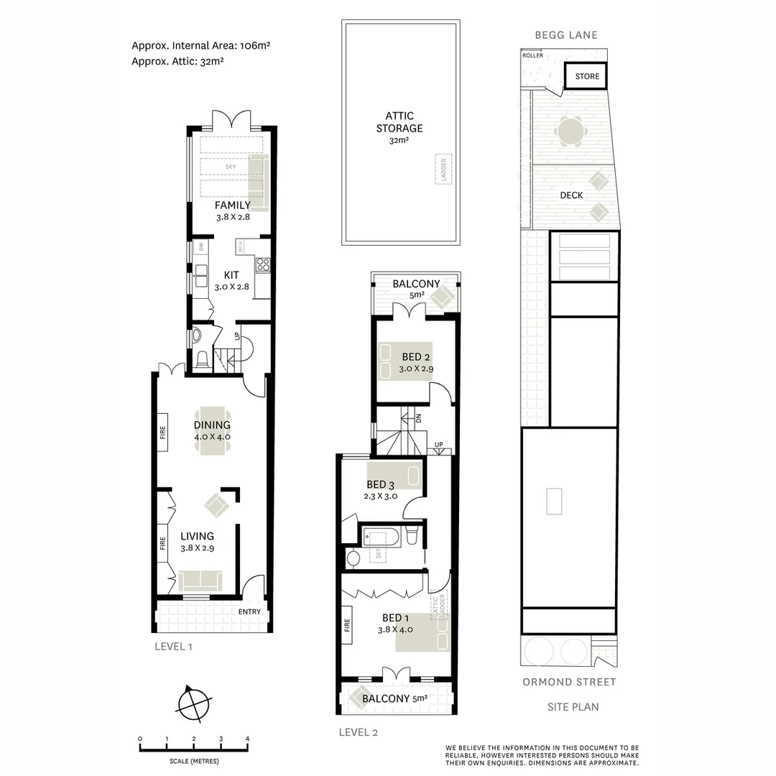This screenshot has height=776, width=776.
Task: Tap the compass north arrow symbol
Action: tap(193, 703)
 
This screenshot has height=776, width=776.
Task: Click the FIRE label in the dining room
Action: tap(162, 433)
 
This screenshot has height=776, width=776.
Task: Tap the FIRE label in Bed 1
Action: tap(347, 630)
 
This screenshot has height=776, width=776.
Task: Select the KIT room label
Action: tap(231, 275)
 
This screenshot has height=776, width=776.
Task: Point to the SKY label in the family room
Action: tap(231, 167)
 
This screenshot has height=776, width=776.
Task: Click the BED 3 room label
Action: tap(381, 485)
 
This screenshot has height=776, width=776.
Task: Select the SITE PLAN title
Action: tap(573, 707)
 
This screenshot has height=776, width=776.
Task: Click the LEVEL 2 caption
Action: tap(358, 733)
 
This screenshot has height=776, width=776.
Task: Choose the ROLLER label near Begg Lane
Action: tap(532, 55)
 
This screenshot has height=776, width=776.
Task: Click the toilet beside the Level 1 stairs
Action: tap(202, 357)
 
